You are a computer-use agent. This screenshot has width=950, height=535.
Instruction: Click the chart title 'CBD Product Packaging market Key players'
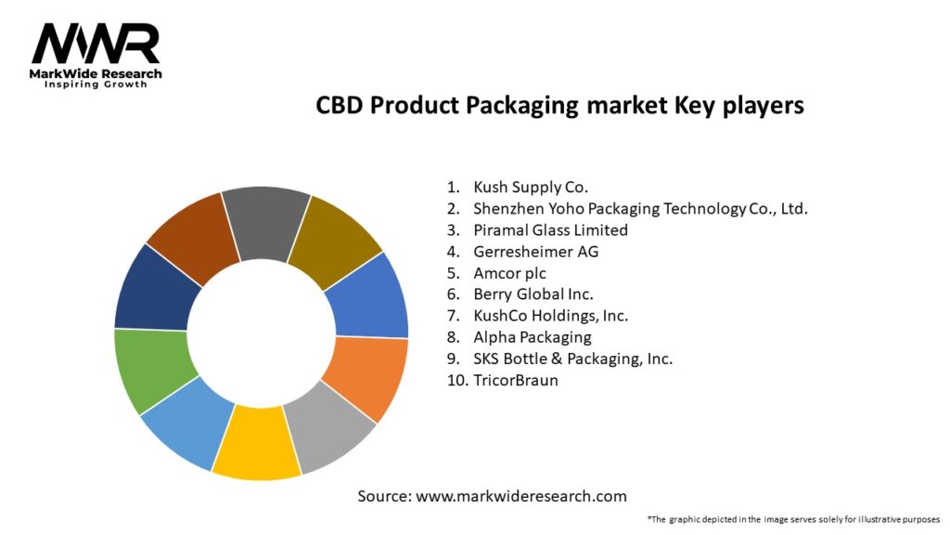(559, 106)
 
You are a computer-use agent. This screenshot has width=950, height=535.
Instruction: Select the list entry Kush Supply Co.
(531, 187)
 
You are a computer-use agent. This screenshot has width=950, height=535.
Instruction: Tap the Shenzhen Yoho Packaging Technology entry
(640, 208)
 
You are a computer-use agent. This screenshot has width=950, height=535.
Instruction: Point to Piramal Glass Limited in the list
(550, 229)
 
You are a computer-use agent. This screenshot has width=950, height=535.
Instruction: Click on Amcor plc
(510, 273)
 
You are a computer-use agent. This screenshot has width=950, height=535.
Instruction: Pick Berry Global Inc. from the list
(533, 294)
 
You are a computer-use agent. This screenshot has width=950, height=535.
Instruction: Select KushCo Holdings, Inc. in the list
(551, 316)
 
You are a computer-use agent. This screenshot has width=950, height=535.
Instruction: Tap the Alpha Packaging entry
(533, 337)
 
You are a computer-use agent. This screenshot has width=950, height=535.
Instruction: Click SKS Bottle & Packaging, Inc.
(572, 359)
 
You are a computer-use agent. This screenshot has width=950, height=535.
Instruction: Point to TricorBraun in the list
(516, 380)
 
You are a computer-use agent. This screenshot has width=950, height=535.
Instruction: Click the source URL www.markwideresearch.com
(521, 496)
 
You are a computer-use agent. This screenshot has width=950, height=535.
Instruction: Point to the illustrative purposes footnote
(793, 519)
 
